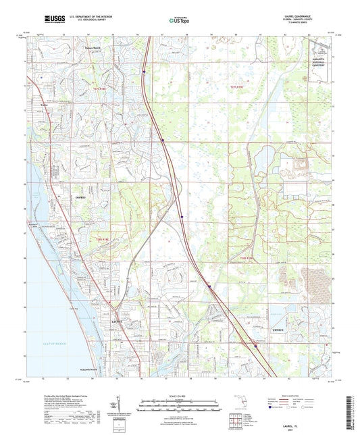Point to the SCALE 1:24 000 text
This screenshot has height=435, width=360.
tap(180, 396)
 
